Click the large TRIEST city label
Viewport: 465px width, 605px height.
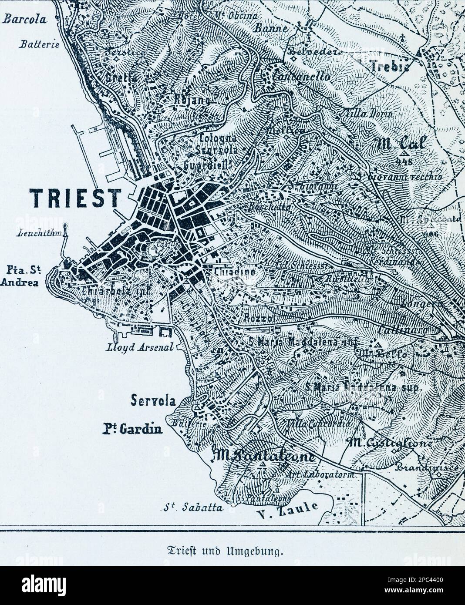pos(75,198)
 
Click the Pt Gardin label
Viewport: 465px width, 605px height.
pos(132,430)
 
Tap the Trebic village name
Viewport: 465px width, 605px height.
pos(390,65)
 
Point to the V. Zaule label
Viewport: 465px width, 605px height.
pos(288,513)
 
